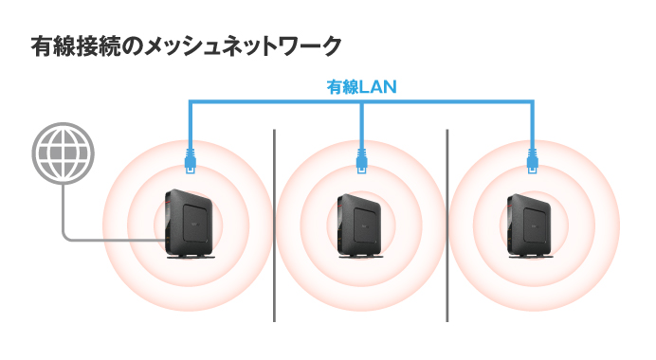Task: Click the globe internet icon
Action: coord(63,153)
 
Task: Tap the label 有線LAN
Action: coord(361,86)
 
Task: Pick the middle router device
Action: coord(359,224)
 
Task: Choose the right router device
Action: coord(531,224)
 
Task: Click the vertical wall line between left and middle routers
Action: coord(275,227)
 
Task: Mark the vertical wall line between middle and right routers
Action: coord(446,227)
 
